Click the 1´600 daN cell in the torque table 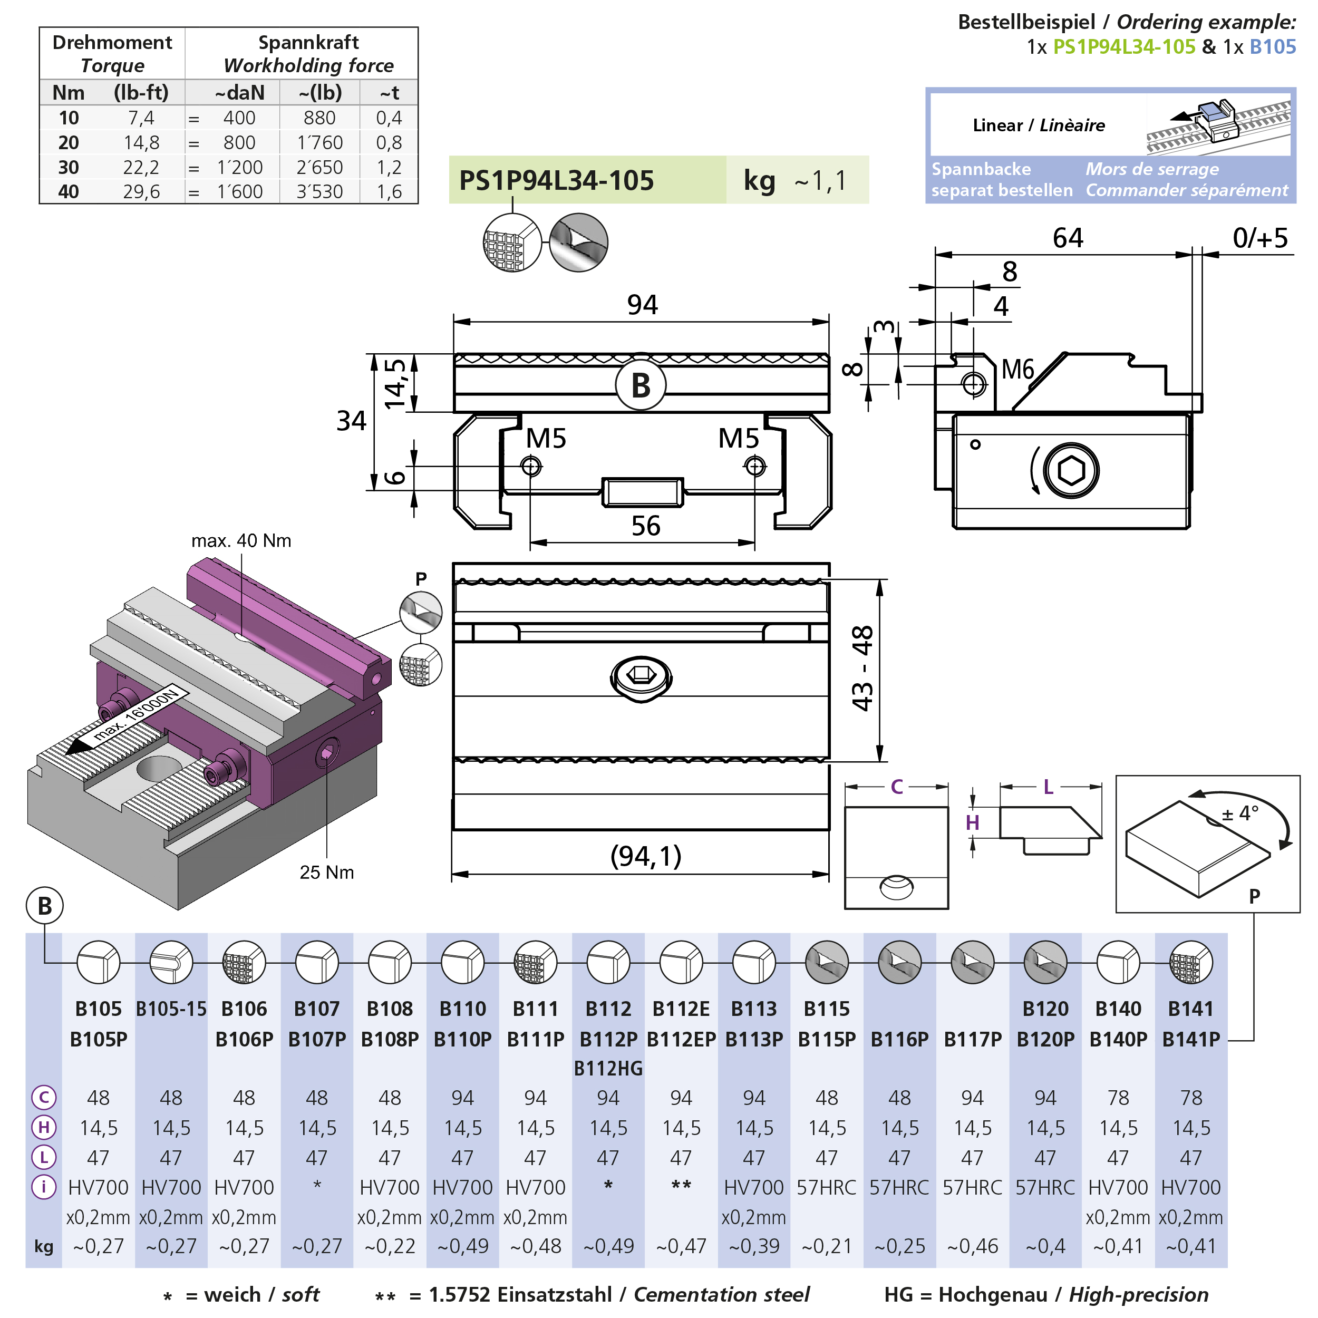coord(239,192)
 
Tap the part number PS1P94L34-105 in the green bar coord(556,180)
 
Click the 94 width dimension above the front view coord(642,304)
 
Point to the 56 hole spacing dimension coord(645,525)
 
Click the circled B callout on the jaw coord(641,385)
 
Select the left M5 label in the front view coord(546,438)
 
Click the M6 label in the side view coord(1018,370)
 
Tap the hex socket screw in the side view coord(1070,471)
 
